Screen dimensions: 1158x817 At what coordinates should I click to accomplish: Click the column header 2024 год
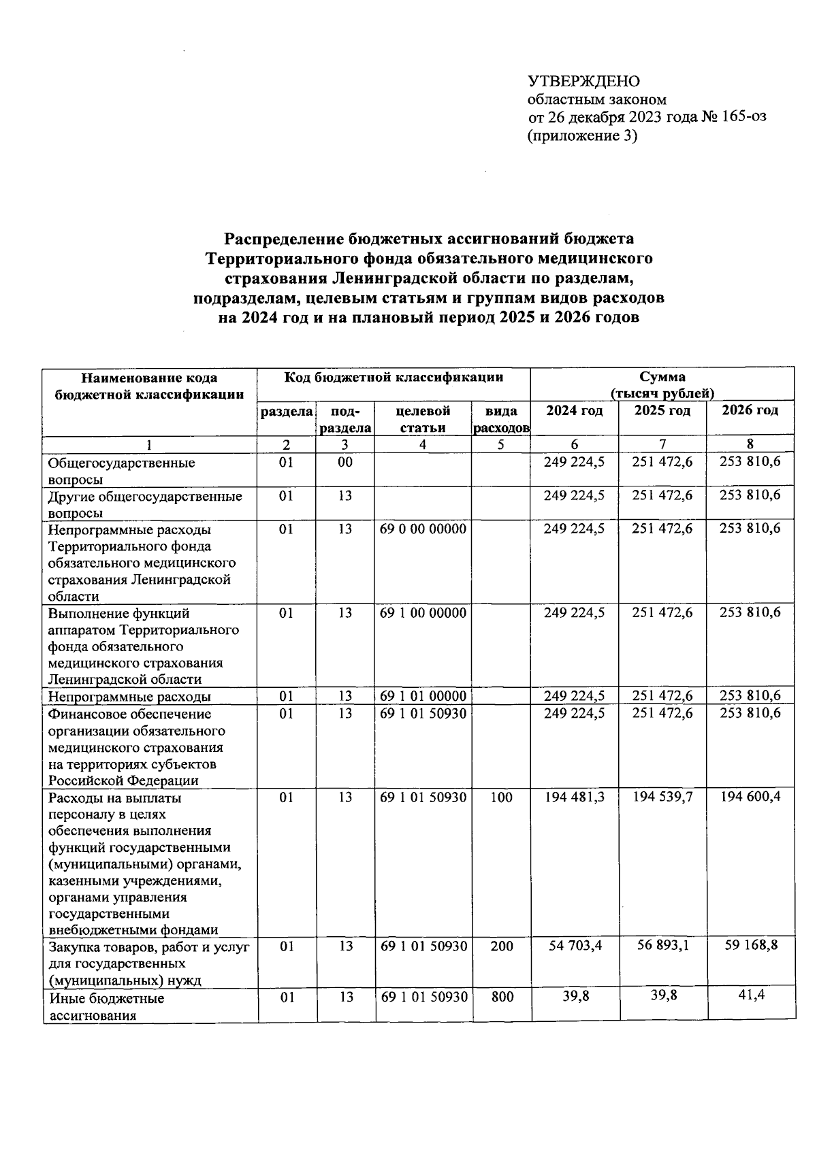pos(574,411)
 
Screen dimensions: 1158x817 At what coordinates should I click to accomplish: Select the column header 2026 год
pos(750,410)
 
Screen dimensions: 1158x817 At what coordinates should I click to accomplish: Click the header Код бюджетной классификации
pos(394,378)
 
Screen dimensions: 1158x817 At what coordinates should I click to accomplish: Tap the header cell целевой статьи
pos(423,419)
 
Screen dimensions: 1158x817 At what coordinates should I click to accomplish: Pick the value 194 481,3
pos(574,797)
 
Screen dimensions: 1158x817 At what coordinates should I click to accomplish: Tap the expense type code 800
pos(502,997)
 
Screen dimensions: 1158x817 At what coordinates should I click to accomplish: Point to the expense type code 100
pos(501,797)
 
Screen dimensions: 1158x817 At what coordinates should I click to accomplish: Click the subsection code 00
pos(345,463)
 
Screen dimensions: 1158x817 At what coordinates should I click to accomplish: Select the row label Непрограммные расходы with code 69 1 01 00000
pos(129,697)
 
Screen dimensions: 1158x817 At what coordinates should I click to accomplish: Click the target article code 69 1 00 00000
pos(423,613)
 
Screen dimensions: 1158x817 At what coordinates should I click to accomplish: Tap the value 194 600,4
pos(751,797)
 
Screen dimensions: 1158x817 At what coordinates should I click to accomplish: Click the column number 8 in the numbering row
pos(750,444)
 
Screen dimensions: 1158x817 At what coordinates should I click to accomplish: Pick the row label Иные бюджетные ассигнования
pos(107,1007)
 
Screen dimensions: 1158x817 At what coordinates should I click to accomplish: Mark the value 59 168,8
pos(751,945)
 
